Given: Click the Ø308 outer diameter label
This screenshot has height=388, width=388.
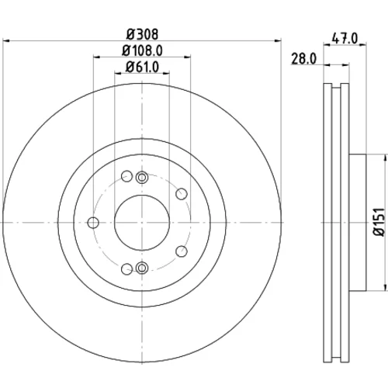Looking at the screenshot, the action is point(142,34).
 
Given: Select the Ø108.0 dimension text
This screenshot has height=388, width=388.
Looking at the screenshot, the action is point(142,50).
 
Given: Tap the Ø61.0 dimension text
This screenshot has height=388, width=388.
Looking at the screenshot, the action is point(142,67).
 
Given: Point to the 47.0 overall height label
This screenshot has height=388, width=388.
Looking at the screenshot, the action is point(345,39).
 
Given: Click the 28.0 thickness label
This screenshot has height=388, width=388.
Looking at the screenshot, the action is point(304,59).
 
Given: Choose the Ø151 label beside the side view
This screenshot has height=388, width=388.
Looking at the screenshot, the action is point(379,222).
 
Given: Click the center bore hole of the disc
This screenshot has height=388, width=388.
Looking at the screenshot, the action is point(142,223).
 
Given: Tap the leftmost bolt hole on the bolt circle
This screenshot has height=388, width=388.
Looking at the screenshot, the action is point(93,223).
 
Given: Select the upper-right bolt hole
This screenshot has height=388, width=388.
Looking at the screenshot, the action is point(182,194).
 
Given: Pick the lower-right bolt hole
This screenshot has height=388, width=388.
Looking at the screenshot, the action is point(182,251).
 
